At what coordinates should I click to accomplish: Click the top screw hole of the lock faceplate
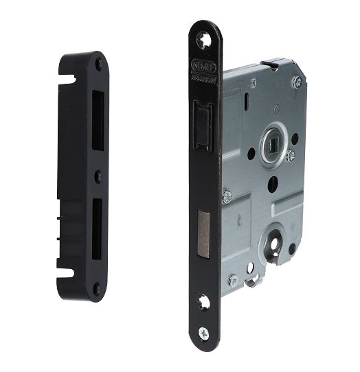(x=204, y=40)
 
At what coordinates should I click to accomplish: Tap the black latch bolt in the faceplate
(x=201, y=124)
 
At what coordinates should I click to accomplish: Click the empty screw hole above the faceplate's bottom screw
(x=203, y=301)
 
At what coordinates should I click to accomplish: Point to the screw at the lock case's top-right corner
(x=297, y=82)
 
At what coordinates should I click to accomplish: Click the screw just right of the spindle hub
(x=291, y=156)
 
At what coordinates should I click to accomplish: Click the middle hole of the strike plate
(x=97, y=176)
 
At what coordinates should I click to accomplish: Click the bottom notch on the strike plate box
(x=66, y=272)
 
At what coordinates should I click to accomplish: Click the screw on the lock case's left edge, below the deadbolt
(x=227, y=196)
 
